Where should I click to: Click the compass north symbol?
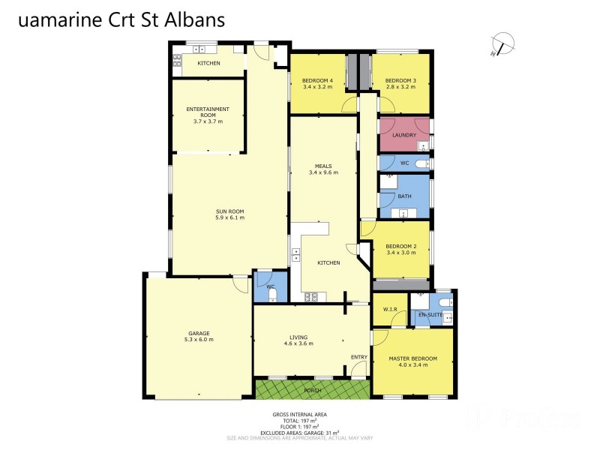click(502, 44)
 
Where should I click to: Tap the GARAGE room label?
click(199, 332)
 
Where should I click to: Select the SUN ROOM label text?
click(230, 211)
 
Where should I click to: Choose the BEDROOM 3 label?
click(400, 80)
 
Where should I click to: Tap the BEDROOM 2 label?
click(400, 246)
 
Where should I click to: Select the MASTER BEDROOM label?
click(412, 358)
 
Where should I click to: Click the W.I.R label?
click(390, 308)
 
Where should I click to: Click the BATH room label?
click(405, 196)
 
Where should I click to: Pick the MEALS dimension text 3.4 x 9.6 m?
click(324, 172)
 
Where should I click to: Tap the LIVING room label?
click(299, 337)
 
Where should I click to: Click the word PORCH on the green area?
click(313, 390)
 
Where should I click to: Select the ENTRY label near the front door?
click(359, 357)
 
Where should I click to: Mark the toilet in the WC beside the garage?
click(271, 296)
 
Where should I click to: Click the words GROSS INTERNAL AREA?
click(299, 414)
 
